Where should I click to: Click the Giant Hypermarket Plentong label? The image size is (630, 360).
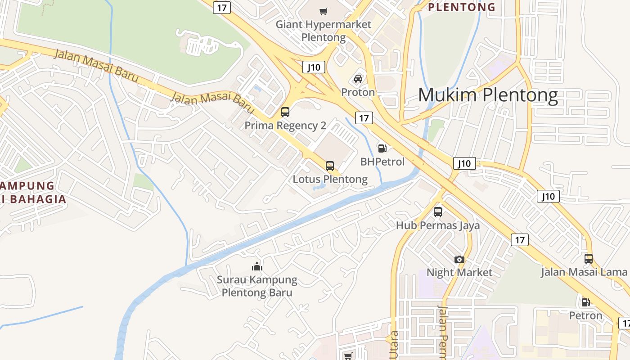coord(324,31)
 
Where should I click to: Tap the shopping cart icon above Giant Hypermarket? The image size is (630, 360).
coord(324,11)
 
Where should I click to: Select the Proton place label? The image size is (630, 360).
coord(358,92)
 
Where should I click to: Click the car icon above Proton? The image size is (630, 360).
coord(358,79)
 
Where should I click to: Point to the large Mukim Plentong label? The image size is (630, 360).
coord(488,95)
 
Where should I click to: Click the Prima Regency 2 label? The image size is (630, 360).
coord(285,126)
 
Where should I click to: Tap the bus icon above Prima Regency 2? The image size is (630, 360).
coord(285,112)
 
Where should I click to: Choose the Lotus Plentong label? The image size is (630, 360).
coord(330,179)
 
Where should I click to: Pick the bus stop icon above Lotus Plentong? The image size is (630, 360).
coord(330,166)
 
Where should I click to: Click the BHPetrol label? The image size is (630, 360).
coord(382,162)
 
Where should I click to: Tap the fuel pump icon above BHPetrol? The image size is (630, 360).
coord(382,148)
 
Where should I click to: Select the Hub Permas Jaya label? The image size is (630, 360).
coord(438,225)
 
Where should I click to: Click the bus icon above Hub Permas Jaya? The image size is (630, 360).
coord(438,212)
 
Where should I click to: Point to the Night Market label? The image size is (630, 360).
coord(459,272)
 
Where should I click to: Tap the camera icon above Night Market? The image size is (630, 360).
coord(459,259)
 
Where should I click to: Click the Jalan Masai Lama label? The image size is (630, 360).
coord(584,272)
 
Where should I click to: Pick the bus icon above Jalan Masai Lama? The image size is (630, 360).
coord(589,259)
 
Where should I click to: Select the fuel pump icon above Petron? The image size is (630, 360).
coord(585,302)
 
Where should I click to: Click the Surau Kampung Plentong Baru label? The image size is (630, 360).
coord(257,286)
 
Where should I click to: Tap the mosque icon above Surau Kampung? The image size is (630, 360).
coord(257,266)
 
